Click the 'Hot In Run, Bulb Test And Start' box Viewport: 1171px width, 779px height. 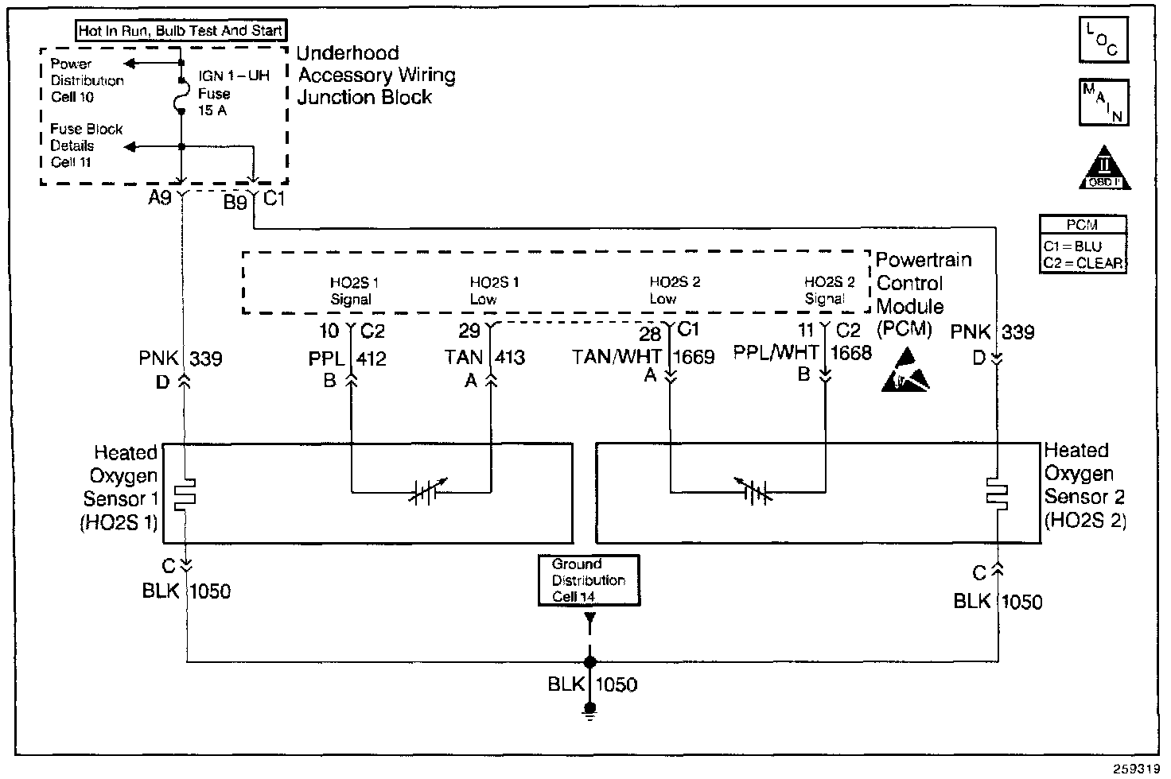point(181,31)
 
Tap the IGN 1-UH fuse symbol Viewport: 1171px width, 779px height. point(182,101)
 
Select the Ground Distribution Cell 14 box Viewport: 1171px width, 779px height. point(589,580)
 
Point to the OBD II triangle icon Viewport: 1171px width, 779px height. point(1104,169)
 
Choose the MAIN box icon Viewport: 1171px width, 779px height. point(1103,103)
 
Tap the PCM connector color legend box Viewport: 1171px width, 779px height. point(1083,245)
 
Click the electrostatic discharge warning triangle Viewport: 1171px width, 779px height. point(905,370)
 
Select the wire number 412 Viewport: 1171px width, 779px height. point(371,358)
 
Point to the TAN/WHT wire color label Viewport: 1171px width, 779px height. point(617,357)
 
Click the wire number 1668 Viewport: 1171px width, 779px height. point(851,352)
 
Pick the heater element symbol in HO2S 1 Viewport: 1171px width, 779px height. point(185,494)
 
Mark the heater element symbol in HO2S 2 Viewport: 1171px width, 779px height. point(997,493)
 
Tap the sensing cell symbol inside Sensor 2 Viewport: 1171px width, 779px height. point(752,493)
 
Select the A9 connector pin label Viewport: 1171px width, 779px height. point(160,198)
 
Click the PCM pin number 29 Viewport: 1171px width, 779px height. point(469,331)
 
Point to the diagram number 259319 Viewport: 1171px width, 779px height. point(1134,769)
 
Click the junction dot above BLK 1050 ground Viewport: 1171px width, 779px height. point(589,661)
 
